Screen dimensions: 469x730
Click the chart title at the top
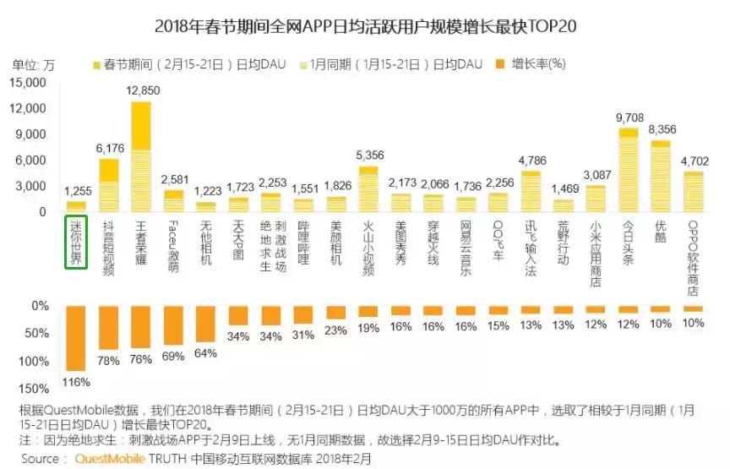coord(365,25)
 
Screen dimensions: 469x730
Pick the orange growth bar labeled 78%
coord(108,328)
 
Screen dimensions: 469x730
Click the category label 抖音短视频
coord(108,249)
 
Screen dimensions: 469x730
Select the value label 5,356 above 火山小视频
coord(369,155)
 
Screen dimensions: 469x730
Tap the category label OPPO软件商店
coord(692,258)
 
